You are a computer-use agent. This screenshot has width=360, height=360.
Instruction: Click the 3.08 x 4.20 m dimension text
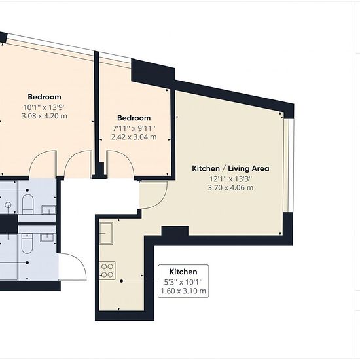(45, 116)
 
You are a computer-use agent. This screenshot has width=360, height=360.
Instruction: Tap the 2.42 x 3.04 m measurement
(134, 137)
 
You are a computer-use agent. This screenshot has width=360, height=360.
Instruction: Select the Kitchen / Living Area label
(230, 168)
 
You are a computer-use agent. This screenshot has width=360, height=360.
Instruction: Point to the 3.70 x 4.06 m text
(230, 188)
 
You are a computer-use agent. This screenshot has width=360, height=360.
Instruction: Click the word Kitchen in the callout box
(183, 272)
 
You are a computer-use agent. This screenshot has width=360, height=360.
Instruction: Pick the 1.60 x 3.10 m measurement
(183, 291)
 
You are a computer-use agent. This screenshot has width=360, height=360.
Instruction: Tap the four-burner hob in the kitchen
(107, 271)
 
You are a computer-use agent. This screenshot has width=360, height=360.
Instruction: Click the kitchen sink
(106, 233)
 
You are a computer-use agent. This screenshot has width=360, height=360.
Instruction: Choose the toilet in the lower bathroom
(27, 243)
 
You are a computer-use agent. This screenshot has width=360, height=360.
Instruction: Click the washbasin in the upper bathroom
(48, 210)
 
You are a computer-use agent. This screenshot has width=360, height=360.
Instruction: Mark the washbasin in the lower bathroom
(48, 238)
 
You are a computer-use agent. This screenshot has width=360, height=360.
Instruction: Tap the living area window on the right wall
(289, 166)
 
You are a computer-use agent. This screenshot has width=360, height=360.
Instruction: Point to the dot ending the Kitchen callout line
(122, 281)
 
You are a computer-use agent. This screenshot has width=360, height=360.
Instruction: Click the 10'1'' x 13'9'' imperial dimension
(45, 107)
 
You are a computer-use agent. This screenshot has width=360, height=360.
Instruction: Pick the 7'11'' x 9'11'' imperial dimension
(134, 128)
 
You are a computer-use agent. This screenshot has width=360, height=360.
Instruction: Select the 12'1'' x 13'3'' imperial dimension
(230, 179)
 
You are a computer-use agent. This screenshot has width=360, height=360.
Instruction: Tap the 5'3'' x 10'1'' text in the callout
(183, 282)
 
